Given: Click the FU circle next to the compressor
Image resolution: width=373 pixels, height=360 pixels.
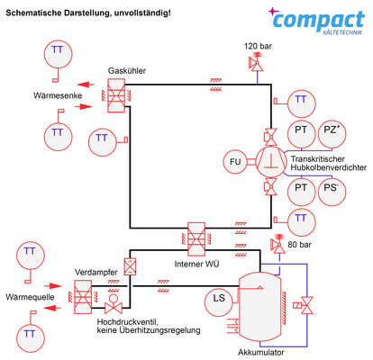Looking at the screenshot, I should click(236, 161).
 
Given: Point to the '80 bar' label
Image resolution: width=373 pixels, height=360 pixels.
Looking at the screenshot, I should click(298, 245).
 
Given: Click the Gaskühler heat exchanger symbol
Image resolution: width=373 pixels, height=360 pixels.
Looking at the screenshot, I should click(116, 95).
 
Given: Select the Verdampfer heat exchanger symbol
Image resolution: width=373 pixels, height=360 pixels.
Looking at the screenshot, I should click(84, 292).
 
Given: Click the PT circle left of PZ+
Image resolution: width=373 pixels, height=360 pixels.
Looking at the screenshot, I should click(300, 131).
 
